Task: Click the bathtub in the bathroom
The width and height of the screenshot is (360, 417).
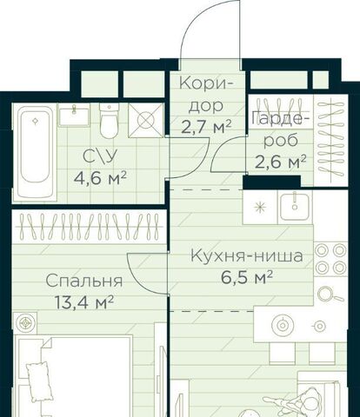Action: [36, 152]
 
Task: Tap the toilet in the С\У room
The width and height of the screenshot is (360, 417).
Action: [109, 121]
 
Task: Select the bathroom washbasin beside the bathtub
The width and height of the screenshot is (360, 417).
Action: [74, 116]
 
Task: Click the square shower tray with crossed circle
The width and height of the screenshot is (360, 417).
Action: [146, 120]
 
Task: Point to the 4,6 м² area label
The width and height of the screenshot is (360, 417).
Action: [100, 177]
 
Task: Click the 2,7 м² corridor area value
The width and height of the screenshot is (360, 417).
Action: [206, 126]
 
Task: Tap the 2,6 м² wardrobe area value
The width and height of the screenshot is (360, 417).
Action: [280, 162]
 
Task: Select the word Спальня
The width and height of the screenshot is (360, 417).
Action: [84, 281]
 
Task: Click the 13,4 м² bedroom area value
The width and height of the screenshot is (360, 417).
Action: [84, 303]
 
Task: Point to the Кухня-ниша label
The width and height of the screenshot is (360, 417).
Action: [247, 256]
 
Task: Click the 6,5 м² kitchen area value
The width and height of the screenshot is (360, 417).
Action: [247, 278]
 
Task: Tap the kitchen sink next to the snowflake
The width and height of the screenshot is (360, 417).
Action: [295, 207]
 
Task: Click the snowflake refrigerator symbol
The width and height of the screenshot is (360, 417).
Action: [260, 208]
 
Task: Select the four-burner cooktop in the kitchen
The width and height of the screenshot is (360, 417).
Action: [330, 259]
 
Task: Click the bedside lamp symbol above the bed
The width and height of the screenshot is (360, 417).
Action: [25, 322]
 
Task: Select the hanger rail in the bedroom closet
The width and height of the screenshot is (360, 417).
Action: [90, 227]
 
